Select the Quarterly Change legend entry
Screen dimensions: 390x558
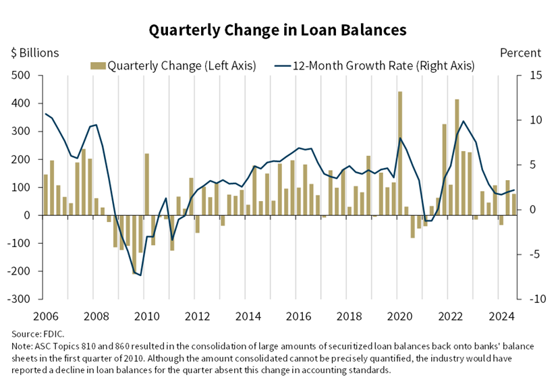point(173,65)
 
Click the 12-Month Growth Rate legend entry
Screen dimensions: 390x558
point(374,65)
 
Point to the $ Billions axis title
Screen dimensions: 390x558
point(34,53)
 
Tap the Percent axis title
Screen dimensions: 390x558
point(520,53)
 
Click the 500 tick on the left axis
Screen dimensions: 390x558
point(22,76)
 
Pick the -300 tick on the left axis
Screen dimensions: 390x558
point(20,299)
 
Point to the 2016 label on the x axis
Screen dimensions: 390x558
point(299,316)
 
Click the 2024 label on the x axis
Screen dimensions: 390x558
point(502,316)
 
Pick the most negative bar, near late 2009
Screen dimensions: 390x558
point(134,244)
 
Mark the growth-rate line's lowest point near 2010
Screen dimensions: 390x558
point(140,275)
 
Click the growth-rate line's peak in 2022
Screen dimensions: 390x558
point(463,121)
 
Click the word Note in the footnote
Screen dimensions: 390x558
point(22,346)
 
